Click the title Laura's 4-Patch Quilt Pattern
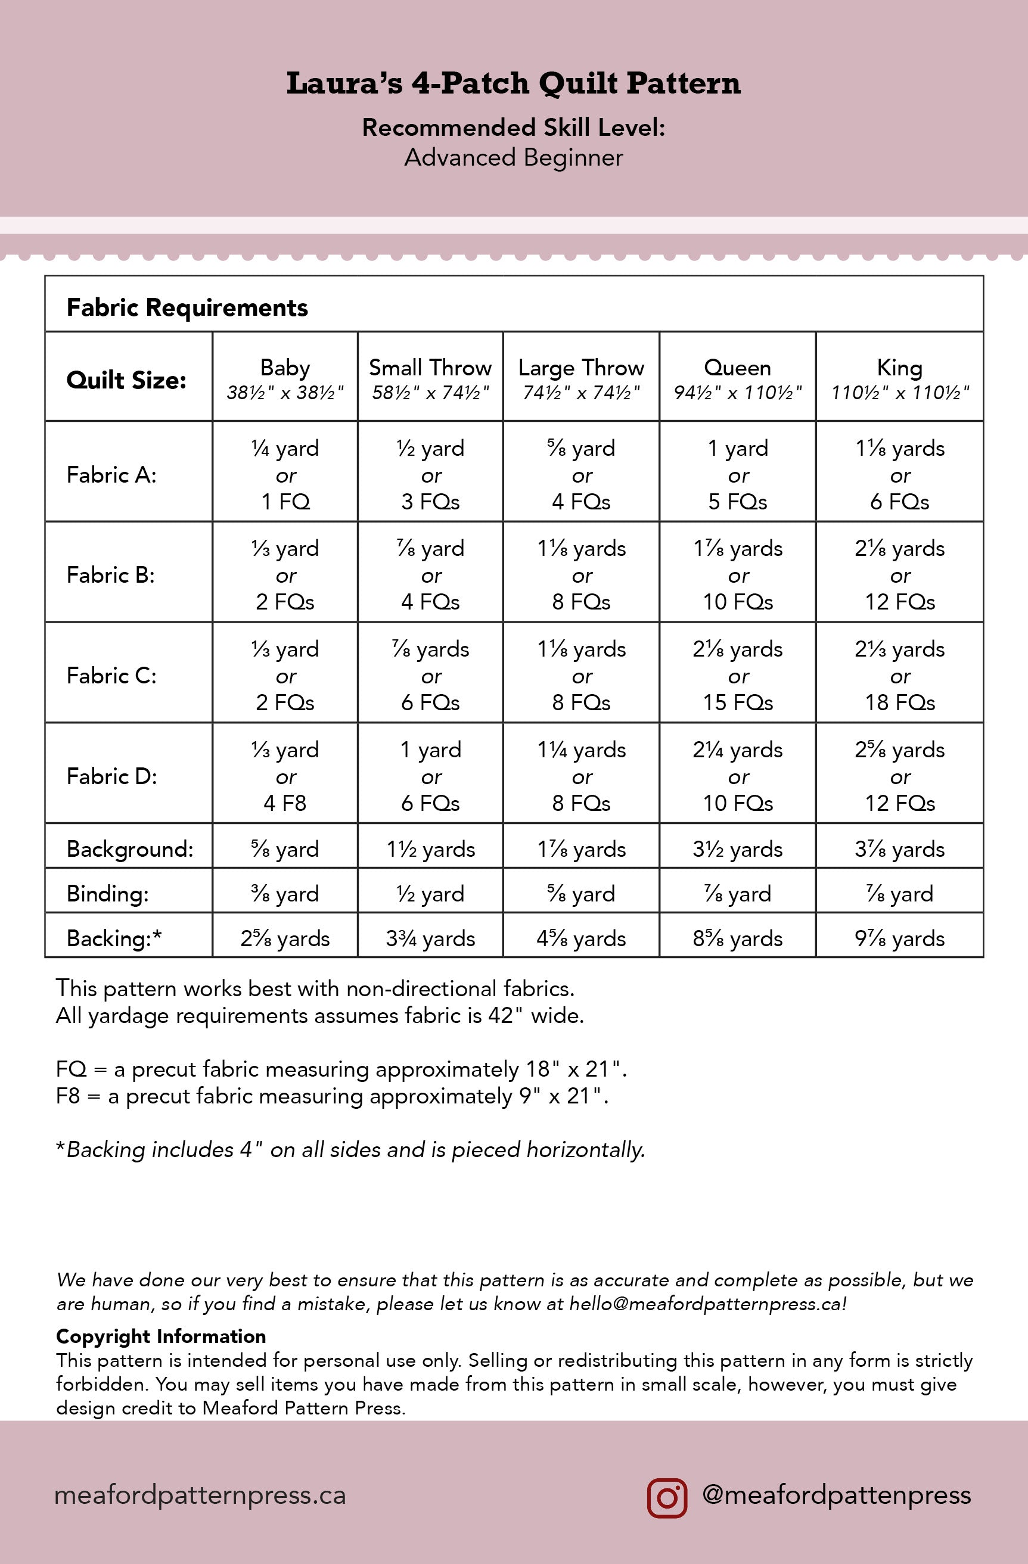(513, 83)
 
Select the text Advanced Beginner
(513, 158)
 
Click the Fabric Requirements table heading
(187, 307)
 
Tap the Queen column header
(738, 377)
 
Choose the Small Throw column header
(430, 377)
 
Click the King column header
(900, 377)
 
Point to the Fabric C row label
(112, 676)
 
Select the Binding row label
(108, 894)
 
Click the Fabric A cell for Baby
(285, 474)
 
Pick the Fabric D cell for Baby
(285, 776)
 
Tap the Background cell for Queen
(738, 849)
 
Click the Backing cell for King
(900, 938)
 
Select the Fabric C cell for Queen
(738, 676)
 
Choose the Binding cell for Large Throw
(581, 894)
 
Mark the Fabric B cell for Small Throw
(430, 575)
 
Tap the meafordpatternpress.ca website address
(200, 1495)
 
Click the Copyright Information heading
(161, 1336)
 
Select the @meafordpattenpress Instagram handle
(836, 1495)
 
